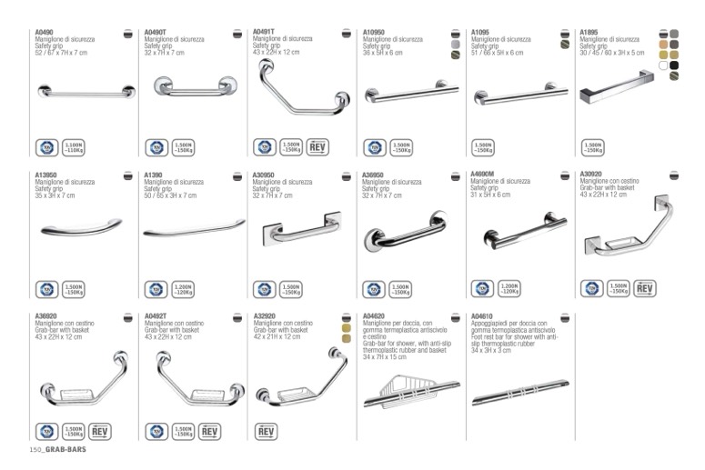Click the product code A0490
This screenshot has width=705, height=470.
coord(44,33)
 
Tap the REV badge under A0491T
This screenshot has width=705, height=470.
coord(317,147)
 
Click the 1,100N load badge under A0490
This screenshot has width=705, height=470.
coord(74,147)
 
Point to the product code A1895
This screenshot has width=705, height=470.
coord(591,33)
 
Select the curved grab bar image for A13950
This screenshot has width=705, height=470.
coord(82,227)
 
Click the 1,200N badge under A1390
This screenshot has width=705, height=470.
coord(183,289)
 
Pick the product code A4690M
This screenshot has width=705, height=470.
coord(483,175)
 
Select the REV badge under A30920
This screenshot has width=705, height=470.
coord(645,288)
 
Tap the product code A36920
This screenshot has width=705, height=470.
coord(45,316)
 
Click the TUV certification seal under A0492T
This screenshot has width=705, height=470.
coord(156,431)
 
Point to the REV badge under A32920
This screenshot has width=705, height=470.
coord(267,431)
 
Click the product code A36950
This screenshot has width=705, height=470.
coord(374,175)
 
